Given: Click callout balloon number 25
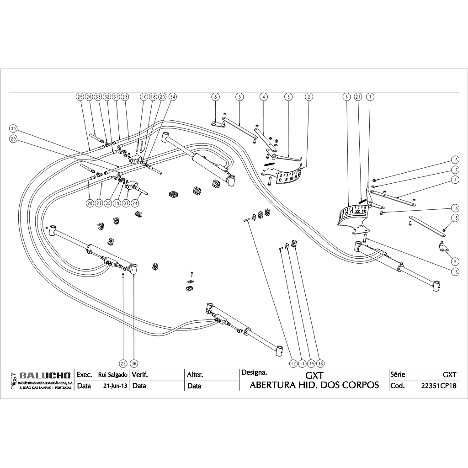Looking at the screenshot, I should coord(80,97).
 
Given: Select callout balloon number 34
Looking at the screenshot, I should coord(172,97).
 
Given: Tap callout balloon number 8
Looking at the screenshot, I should coord(215,97).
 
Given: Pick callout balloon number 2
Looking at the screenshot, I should coord(309,97).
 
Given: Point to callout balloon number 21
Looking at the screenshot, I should coord(358,97).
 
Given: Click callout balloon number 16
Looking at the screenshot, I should coord(455,160).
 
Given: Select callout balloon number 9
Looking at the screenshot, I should coord(455,261).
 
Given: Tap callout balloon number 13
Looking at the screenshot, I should coord(455,271).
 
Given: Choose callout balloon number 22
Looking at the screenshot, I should coord(123,363).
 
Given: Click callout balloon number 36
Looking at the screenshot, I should coord(134,363).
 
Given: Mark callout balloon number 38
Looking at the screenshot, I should coord(320,363).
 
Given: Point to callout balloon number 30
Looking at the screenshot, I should coord(13,128).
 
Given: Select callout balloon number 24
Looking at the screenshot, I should coord(136,202).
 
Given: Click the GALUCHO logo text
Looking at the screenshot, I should coord(44,376).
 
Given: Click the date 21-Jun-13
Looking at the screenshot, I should coord(116,386).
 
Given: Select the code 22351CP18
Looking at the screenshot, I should coord(438,385).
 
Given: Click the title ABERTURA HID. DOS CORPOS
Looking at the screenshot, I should coord(314,385).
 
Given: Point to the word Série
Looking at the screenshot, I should coord(398,374).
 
